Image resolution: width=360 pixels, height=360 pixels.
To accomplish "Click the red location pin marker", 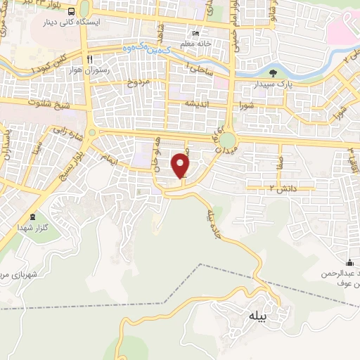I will point(183,165).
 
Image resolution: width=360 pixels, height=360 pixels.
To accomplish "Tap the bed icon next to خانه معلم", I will point(196,33).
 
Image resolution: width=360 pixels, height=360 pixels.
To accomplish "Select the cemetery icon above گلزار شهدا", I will point(32,216).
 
